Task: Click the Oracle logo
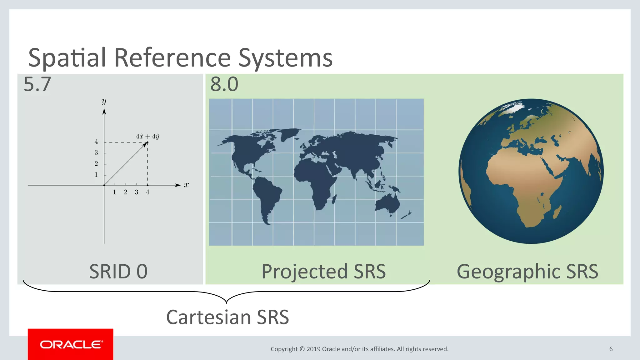(71, 344)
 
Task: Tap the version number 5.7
(37, 84)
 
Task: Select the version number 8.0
(224, 84)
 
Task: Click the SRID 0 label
(118, 271)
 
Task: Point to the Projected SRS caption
(323, 271)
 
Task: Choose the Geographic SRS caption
(527, 271)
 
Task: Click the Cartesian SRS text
(227, 317)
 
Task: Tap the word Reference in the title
(172, 58)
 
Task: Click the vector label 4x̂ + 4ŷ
(147, 137)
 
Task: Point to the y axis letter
(104, 101)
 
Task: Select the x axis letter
(186, 185)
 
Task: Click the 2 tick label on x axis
(125, 192)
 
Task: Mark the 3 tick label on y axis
(96, 153)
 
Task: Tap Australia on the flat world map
(387, 204)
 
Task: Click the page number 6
(611, 349)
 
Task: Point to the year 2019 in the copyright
(313, 349)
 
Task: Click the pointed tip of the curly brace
(226, 302)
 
